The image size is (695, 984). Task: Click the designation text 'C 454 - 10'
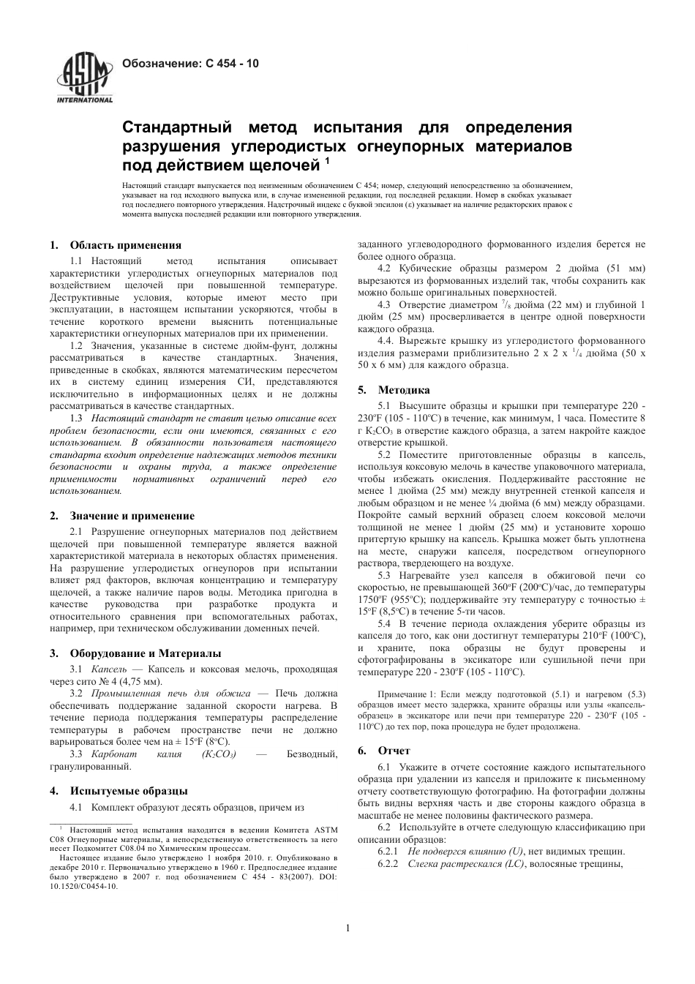232,64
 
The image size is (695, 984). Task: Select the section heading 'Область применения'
125,245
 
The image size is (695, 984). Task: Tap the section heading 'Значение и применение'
132,516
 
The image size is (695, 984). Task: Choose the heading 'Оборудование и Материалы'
145,653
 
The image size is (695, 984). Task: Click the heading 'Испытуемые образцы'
129,791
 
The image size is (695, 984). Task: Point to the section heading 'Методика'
404,390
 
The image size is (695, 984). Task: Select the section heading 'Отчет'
394,751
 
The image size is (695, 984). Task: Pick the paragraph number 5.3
384,576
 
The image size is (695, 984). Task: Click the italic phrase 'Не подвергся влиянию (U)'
466,852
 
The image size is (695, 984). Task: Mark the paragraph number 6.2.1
388,852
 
